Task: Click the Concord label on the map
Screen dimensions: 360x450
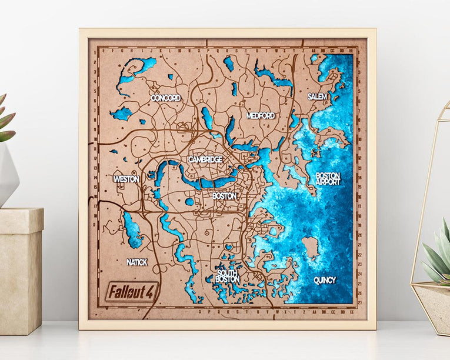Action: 165,98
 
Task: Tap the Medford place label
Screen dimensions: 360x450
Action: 261,115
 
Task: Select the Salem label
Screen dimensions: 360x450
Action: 317,96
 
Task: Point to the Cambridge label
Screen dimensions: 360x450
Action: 205,159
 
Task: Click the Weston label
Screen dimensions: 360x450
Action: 126,178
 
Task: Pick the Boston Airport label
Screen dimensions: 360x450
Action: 328,179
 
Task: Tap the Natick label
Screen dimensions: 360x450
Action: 136,262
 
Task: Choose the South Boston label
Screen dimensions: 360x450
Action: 227,276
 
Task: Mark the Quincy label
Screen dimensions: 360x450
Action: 324,280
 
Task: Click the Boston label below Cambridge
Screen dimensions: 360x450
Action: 224,195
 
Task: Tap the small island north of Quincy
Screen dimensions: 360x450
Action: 310,246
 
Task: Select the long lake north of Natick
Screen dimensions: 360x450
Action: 132,230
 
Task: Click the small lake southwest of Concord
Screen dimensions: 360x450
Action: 122,114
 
